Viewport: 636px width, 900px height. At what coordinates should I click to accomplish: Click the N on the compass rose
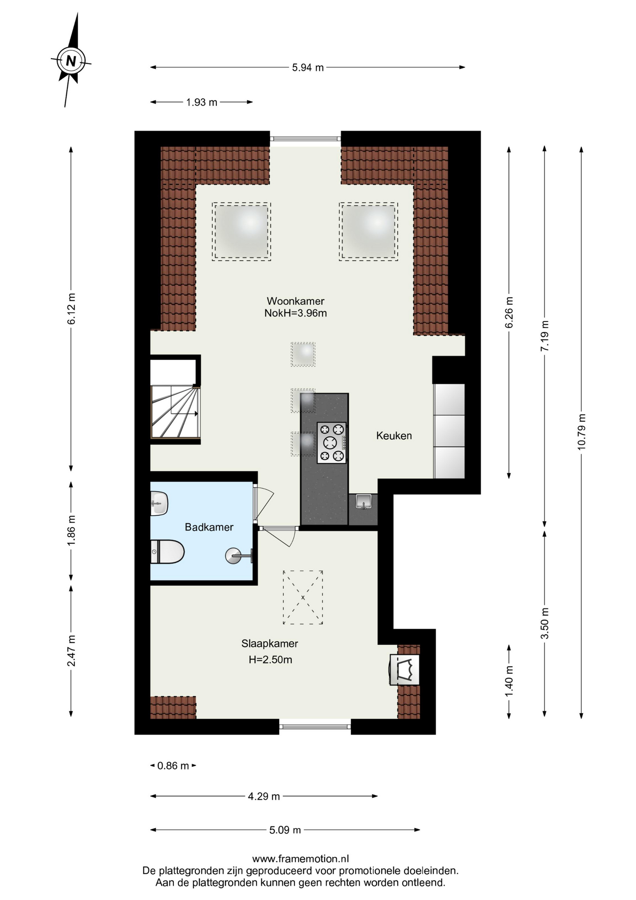pos(71,61)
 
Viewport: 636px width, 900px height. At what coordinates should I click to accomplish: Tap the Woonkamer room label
pos(296,301)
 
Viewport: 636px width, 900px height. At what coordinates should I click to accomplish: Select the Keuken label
pos(394,435)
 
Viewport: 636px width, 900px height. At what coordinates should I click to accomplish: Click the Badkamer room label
pos(209,527)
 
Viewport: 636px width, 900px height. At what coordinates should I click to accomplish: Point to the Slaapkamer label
pos(270,644)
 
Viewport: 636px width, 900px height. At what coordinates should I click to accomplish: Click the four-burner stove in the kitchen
pos(332,443)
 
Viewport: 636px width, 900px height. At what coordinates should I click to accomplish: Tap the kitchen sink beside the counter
pos(363,502)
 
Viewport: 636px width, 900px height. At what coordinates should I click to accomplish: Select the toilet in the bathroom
pos(167,551)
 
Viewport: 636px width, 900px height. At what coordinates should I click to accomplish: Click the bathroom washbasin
pos(159,503)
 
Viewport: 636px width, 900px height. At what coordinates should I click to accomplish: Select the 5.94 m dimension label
pos(308,67)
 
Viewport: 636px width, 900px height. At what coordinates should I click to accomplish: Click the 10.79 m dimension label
pos(582,432)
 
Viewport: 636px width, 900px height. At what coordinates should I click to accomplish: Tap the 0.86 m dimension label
pos(173,766)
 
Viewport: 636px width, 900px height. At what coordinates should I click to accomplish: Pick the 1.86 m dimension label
pos(71,531)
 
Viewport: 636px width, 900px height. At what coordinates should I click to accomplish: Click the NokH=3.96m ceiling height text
pos(296,313)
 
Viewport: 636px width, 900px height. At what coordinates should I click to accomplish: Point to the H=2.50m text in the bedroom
pos(270,660)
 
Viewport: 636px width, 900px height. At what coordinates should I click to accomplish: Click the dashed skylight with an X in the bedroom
pos(303,597)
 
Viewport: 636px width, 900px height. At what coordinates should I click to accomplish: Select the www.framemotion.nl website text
pos(301,859)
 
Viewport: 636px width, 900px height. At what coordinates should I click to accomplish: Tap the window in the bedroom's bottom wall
pos(315,727)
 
